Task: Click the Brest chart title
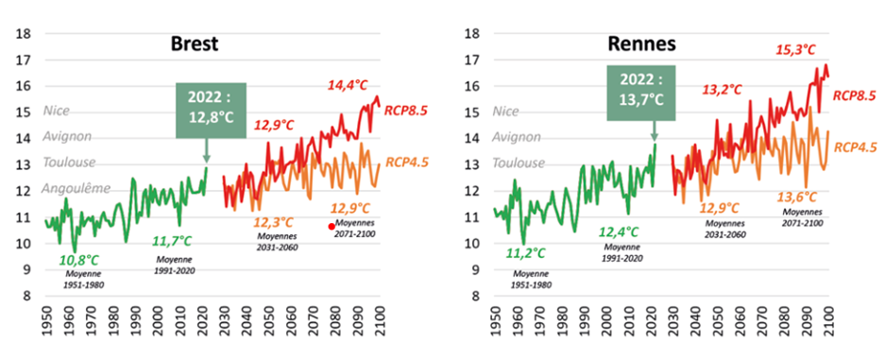click(195, 44)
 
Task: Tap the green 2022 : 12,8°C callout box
click(211, 111)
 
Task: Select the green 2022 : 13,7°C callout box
click(641, 94)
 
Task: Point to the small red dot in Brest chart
click(332, 227)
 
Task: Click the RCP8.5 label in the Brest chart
click(406, 110)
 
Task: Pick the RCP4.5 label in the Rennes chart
click(856, 147)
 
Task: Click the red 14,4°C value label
click(348, 86)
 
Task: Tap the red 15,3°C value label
click(795, 50)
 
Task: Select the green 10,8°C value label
click(79, 261)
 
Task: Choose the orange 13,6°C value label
click(797, 197)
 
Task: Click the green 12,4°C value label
click(620, 231)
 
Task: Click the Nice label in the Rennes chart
click(506, 111)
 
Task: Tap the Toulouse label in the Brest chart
click(69, 163)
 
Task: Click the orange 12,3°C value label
click(274, 222)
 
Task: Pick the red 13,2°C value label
click(722, 90)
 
